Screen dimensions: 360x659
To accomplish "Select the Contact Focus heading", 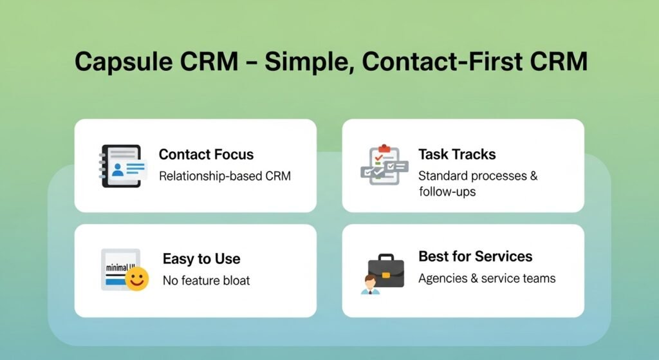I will click(x=206, y=155).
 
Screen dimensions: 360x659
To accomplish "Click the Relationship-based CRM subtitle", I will click(x=225, y=176).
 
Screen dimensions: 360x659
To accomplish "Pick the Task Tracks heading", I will click(x=457, y=155).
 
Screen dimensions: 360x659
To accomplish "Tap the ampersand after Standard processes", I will click(x=534, y=176).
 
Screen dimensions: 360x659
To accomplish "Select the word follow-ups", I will click(x=447, y=191).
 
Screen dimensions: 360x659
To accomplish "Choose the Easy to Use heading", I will click(x=201, y=259).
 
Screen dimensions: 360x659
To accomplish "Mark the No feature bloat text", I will click(x=206, y=280).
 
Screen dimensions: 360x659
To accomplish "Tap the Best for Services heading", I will click(x=475, y=256).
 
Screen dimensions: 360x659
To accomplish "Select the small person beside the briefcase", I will click(x=369, y=284).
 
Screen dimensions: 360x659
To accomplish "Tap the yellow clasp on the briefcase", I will click(x=386, y=275).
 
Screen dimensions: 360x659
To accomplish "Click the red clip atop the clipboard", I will click(x=384, y=148).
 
